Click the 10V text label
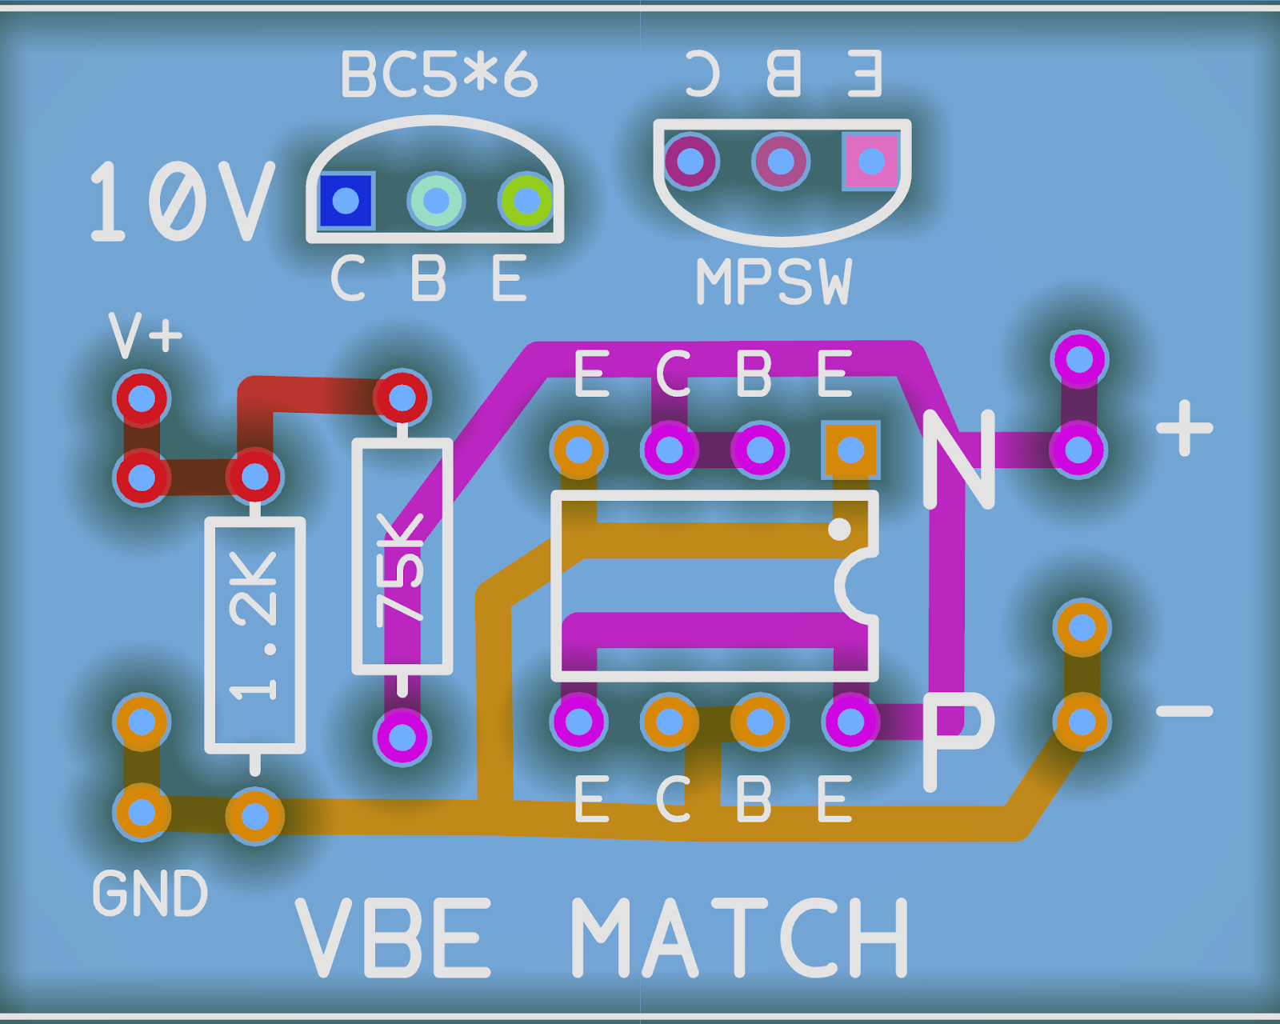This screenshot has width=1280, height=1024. click(x=182, y=202)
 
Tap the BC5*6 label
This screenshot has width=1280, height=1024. click(x=438, y=75)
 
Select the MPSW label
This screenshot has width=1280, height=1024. click(x=774, y=282)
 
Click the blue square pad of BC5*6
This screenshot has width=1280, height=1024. click(x=346, y=200)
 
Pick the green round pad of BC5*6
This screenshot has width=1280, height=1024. click(x=526, y=200)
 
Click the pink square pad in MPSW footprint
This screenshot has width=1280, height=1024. click(x=870, y=162)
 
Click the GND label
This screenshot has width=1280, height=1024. click(x=150, y=894)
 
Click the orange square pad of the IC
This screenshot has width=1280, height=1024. click(x=850, y=450)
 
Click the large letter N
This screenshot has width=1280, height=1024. click(x=958, y=460)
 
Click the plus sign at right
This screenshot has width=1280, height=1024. click(x=1185, y=428)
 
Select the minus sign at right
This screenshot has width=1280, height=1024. click(x=1185, y=710)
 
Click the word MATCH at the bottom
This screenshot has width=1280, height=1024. click(x=740, y=938)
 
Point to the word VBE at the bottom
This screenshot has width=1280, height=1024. click(x=394, y=938)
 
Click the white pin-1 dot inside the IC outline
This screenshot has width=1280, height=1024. click(x=839, y=529)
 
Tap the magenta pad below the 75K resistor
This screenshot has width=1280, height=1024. click(x=402, y=736)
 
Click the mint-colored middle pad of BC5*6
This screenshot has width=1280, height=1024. click(x=436, y=200)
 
